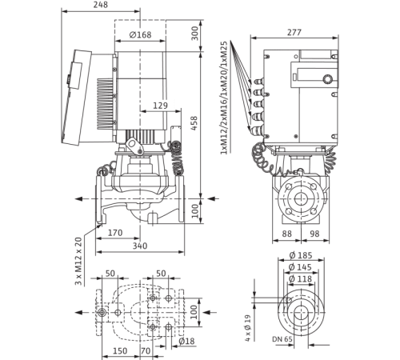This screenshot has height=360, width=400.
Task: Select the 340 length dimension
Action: [x=142, y=246]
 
